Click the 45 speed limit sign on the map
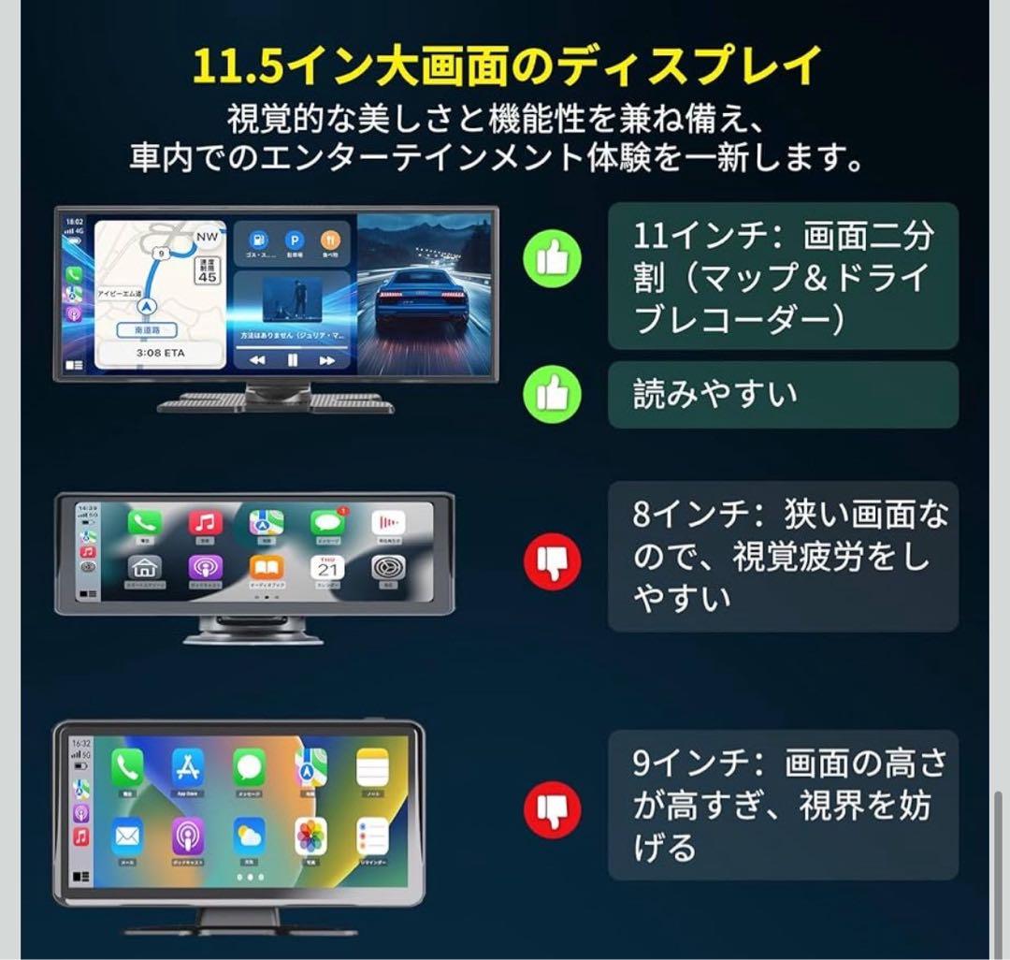tap(207, 272)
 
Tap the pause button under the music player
tap(292, 359)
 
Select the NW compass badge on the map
tap(207, 238)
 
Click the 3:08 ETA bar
tap(160, 354)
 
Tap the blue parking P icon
tap(295, 240)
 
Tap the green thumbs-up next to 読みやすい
tap(552, 395)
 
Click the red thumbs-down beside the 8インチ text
tap(552, 561)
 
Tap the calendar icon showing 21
tap(327, 568)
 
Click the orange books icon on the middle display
tap(267, 568)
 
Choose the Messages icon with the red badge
tap(327, 522)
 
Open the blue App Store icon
tap(188, 768)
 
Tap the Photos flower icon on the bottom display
tap(310, 836)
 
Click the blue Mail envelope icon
tap(127, 836)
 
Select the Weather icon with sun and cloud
tap(250, 836)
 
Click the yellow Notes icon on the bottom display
tap(372, 768)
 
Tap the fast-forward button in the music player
tap(326, 359)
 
